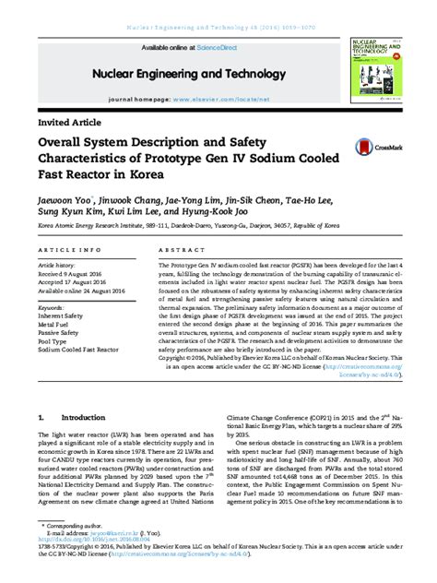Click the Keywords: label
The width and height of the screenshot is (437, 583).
[x=52, y=307]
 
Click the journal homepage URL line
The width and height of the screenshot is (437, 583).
[x=189, y=96]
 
